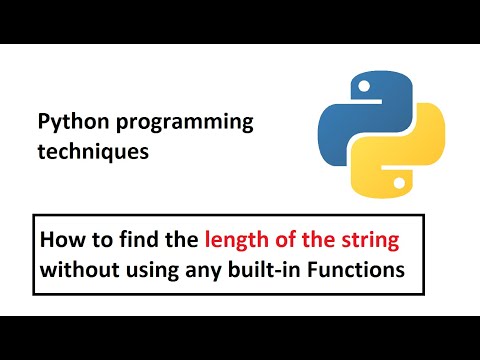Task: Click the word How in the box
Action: pos(61,240)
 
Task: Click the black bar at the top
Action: pos(240,21)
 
